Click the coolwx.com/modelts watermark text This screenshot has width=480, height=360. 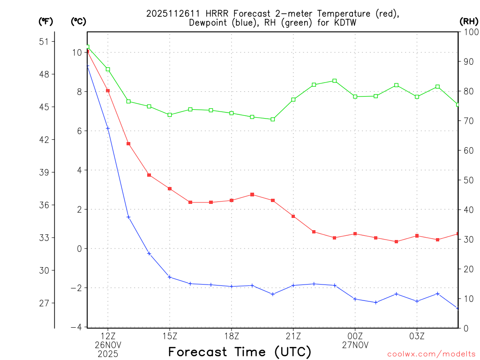[x=431, y=354]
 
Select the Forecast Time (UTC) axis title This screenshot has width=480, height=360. [x=240, y=352]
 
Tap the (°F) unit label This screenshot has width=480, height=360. [x=46, y=21]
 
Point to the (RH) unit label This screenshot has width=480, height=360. [x=469, y=21]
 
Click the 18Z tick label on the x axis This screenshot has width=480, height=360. [x=232, y=336]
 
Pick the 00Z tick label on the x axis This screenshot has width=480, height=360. [x=355, y=336]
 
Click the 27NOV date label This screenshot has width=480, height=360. [x=355, y=345]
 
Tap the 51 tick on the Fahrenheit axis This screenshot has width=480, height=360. [x=44, y=41]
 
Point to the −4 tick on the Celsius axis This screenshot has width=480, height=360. [x=76, y=327]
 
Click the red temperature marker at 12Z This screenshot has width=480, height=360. [x=108, y=90]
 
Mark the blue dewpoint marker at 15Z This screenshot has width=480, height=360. [x=170, y=277]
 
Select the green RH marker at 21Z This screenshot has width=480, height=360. [x=293, y=99]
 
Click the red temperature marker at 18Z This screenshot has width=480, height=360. [x=232, y=200]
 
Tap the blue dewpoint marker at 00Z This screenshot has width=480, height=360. [x=355, y=299]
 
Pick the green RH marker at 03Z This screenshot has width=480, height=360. [x=417, y=97]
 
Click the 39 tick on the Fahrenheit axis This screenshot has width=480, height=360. [x=44, y=172]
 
